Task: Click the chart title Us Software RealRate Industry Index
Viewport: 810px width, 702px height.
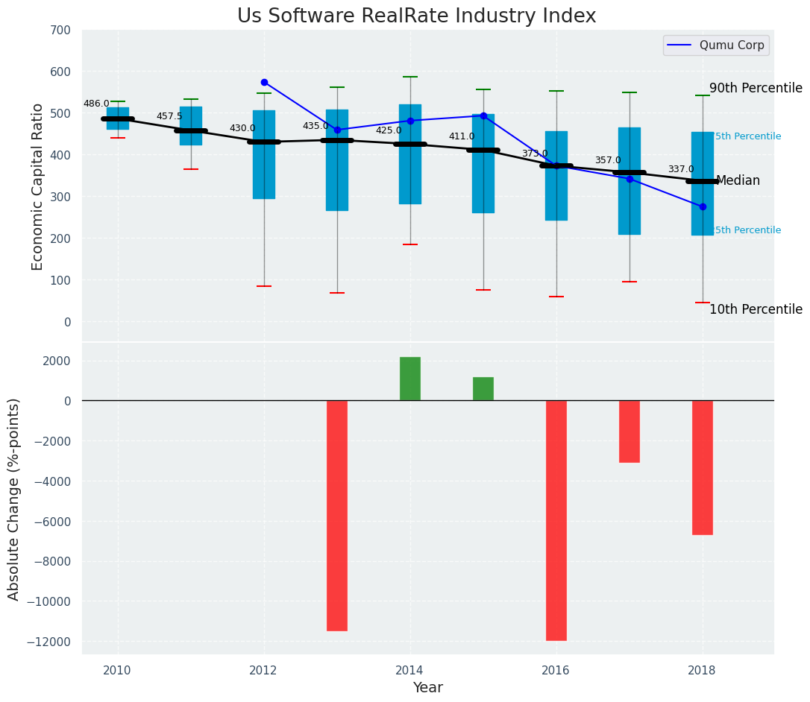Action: pyautogui.click(x=416, y=16)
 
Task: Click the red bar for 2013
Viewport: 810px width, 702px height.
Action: pyautogui.click(x=337, y=516)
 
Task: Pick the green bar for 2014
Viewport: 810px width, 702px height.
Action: pyautogui.click(x=410, y=379)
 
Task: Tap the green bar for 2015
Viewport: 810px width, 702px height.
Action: pyautogui.click(x=483, y=389)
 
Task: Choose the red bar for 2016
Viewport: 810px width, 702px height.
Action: pyautogui.click(x=556, y=520)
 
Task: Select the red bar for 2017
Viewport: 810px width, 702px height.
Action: pyautogui.click(x=630, y=431)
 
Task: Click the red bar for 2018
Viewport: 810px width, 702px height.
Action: pyautogui.click(x=703, y=467)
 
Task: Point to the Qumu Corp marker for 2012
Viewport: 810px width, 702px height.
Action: pyautogui.click(x=264, y=82)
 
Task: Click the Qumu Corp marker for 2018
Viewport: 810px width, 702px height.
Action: pyautogui.click(x=703, y=206)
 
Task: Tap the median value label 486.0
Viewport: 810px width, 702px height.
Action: pyautogui.click(x=96, y=104)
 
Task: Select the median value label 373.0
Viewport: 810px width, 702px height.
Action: pyautogui.click(x=535, y=154)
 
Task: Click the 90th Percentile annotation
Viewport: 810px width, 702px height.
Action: pyautogui.click(x=756, y=88)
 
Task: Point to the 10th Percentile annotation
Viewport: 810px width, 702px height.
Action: pyautogui.click(x=756, y=309)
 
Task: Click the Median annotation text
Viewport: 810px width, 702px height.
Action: pyautogui.click(x=738, y=181)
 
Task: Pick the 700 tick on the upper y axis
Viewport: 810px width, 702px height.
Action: pyautogui.click(x=60, y=30)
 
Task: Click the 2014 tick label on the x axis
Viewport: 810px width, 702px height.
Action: pyautogui.click(x=410, y=670)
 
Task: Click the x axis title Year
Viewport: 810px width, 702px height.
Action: pyautogui.click(x=428, y=688)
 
